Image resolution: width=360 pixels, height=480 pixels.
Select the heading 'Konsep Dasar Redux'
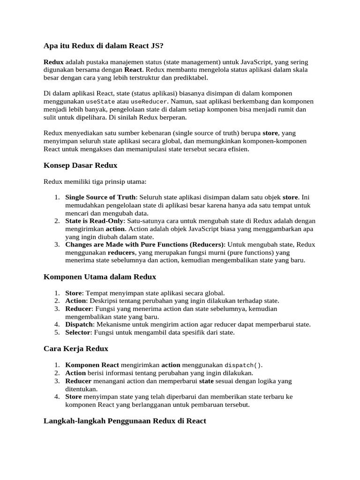pos(80,165)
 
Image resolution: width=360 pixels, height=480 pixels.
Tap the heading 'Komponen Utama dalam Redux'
pos(99,277)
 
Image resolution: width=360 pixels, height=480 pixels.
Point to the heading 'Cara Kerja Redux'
pos(75,348)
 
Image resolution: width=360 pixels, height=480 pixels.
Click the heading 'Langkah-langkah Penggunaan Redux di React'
pos(125,420)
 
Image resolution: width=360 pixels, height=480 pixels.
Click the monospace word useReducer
pos(149,102)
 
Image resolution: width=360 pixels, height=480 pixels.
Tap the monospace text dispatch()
pos(244,365)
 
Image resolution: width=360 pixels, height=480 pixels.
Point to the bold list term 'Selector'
pos(78,332)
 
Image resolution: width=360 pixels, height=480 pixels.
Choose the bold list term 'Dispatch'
pos(79,324)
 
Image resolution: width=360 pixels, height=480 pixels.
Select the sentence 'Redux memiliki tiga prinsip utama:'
pos(95,181)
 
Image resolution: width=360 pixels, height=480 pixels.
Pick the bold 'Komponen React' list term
pos(92,365)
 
